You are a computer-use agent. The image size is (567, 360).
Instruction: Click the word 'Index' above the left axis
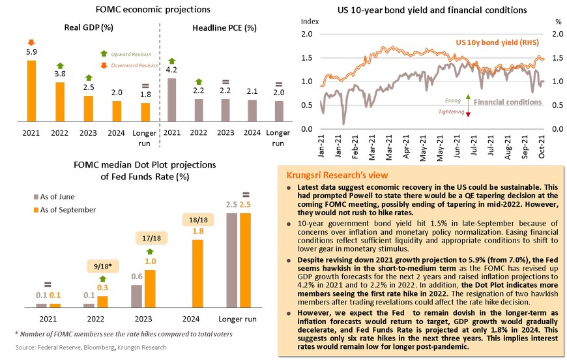pos(310,22)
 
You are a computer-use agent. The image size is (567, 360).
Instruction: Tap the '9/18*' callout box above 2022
pos(102,266)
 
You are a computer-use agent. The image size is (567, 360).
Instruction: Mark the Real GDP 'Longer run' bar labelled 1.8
pos(145,112)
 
